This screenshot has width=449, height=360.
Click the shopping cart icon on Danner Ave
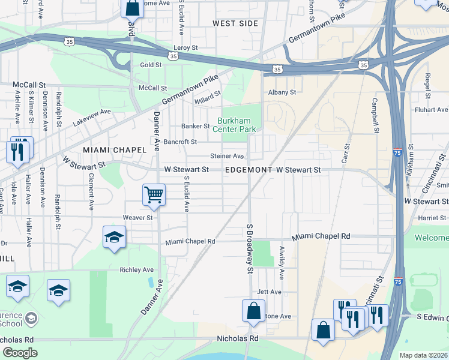coord(154,194)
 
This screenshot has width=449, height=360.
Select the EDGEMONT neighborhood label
coord(249,170)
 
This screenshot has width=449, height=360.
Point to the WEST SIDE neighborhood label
coord(235,23)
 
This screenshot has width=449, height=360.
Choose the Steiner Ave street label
coord(226,156)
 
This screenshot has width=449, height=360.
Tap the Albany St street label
coord(282,92)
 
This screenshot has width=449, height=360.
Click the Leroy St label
coord(185,47)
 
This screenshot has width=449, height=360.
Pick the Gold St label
coord(151,65)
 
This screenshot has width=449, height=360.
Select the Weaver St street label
coord(135,217)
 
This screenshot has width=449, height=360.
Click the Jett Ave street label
coord(269,292)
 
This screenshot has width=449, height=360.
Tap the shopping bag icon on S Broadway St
coord(253,311)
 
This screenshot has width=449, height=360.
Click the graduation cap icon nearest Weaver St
coord(114,237)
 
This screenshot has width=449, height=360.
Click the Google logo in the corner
coord(19,353)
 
